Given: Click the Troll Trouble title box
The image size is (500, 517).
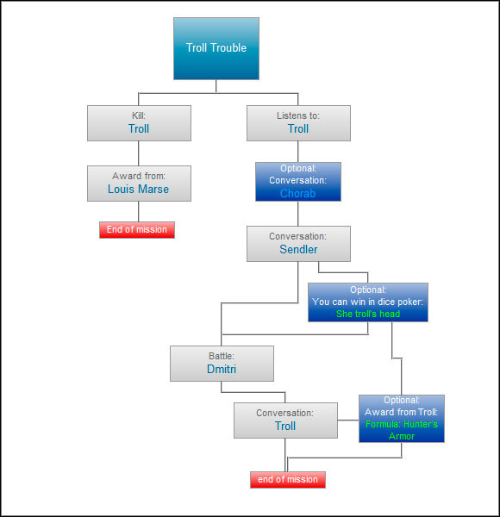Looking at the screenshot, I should (216, 48).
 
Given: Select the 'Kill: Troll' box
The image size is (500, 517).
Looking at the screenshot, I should (139, 123).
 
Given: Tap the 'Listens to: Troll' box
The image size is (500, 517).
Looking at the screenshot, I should (298, 123).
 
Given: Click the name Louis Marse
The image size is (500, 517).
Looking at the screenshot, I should (139, 189).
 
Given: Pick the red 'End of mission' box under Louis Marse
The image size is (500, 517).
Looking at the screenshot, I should (137, 230).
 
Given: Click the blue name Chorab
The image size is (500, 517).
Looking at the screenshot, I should (298, 194).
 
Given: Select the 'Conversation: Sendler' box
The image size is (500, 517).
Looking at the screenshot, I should (298, 244).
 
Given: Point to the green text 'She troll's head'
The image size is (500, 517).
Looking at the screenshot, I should (368, 314).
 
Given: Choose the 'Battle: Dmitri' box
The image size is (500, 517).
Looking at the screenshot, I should (222, 364).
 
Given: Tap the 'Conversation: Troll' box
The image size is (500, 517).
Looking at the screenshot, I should (285, 420).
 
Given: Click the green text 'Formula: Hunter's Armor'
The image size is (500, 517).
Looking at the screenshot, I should (402, 430).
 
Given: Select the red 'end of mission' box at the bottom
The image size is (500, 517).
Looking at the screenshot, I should (288, 480).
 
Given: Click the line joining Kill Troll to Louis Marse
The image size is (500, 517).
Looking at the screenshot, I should (139, 153).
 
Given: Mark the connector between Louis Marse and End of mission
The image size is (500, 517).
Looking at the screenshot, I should (139, 211).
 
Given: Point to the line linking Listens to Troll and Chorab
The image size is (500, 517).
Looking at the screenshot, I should (298, 152).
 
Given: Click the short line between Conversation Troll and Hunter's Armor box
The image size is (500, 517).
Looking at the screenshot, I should (347, 420).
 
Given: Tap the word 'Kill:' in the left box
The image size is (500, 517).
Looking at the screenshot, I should (139, 115).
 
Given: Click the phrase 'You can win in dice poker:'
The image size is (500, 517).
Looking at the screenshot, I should (368, 302).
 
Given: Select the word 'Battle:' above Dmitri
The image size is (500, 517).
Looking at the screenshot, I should (222, 355).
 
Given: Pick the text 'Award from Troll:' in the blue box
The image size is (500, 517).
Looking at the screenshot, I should (402, 412).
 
